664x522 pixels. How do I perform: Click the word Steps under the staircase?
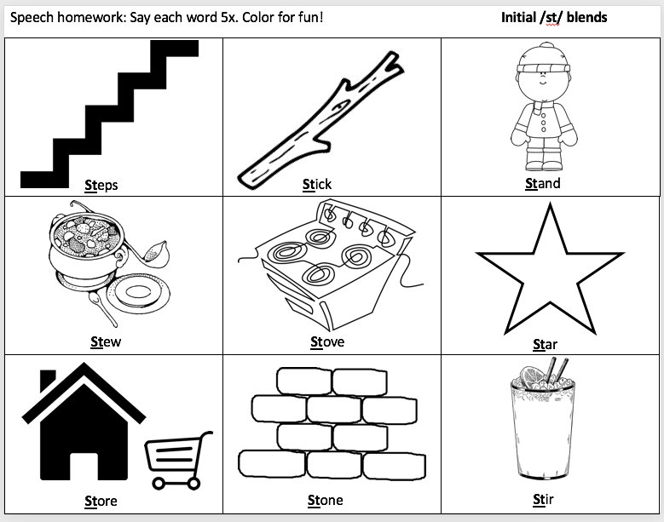coord(101,186)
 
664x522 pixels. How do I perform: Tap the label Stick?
coord(317,185)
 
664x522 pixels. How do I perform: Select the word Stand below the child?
coord(542,184)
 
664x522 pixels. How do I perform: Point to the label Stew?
coord(106,341)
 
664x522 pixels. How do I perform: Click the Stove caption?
coord(327,341)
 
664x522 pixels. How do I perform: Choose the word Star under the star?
coord(545,344)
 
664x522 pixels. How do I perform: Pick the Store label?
coord(101,501)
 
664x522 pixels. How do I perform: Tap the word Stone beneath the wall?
coord(326,500)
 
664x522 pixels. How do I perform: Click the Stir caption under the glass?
coord(543,500)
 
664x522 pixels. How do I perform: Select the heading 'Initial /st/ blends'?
coord(554,17)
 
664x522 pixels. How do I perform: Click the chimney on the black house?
coord(48,380)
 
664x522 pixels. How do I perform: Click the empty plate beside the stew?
coord(138,293)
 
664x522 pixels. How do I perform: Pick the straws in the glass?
coord(557,370)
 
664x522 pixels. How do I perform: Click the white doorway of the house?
coord(84,467)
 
